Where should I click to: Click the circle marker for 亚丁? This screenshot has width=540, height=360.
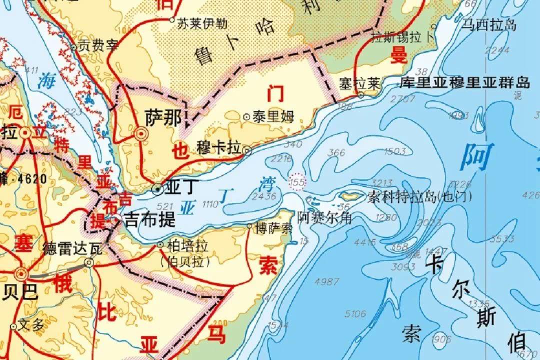click(x=158, y=188)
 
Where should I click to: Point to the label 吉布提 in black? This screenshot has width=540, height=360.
click(x=150, y=219)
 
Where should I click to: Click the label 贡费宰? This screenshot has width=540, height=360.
click(x=97, y=46)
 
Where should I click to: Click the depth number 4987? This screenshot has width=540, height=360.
click(x=327, y=282)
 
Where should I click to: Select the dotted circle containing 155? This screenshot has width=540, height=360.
click(x=297, y=182)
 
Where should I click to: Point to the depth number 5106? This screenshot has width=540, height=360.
click(x=356, y=314)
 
